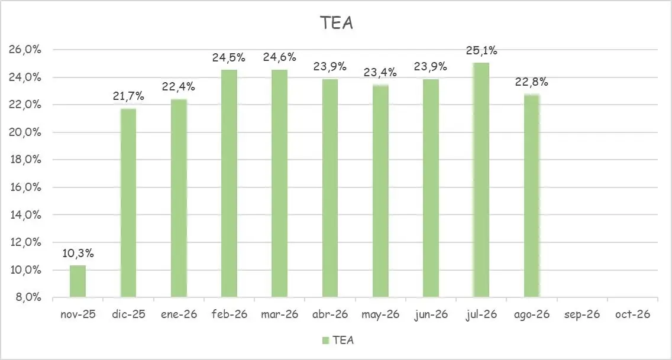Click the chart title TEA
(336, 22)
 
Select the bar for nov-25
(77, 281)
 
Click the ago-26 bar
(531, 196)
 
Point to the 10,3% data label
(77, 254)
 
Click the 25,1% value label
(481, 51)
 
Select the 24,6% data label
(279, 58)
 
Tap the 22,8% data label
(531, 82)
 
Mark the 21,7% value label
(128, 97)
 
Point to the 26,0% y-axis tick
(25, 50)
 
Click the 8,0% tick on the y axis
(27, 297)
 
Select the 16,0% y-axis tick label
(25, 187)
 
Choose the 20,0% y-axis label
(25, 132)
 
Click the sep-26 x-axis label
(581, 314)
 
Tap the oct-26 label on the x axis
(632, 314)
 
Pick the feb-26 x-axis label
(229, 314)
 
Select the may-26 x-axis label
(380, 314)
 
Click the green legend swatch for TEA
(325, 340)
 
